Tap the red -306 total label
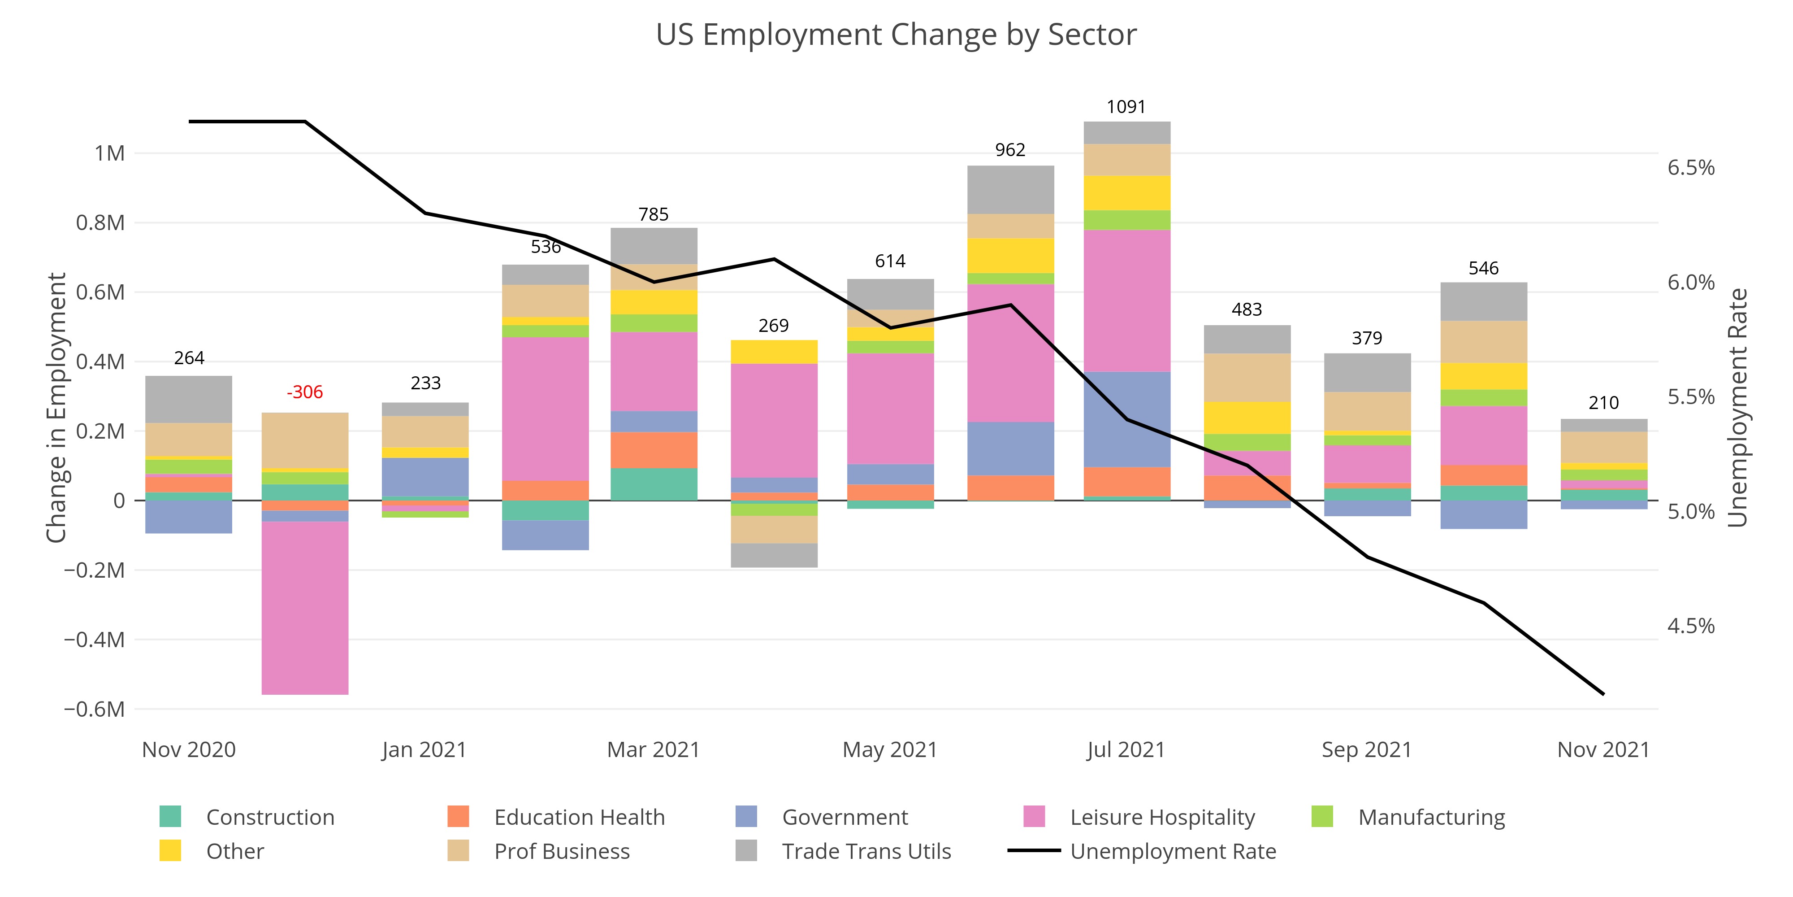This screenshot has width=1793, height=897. click(305, 392)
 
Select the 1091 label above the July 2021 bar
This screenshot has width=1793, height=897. click(1126, 107)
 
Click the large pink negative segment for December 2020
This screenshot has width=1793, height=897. click(305, 607)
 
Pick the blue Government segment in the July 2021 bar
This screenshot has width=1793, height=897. click(1127, 419)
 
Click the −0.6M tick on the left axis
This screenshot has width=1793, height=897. click(95, 709)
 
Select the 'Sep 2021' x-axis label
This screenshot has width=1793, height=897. click(1366, 749)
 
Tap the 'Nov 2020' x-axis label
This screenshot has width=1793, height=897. click(189, 749)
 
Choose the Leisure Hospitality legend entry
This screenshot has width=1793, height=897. click(1162, 817)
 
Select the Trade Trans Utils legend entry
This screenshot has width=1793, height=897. click(866, 851)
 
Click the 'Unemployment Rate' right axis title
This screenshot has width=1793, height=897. click(1738, 407)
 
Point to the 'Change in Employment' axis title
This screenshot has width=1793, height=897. click(56, 407)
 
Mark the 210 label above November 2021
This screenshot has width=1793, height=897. click(1604, 403)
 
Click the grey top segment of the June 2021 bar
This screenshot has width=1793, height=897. click(1011, 189)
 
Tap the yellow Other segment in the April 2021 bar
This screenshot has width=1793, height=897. click(774, 352)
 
